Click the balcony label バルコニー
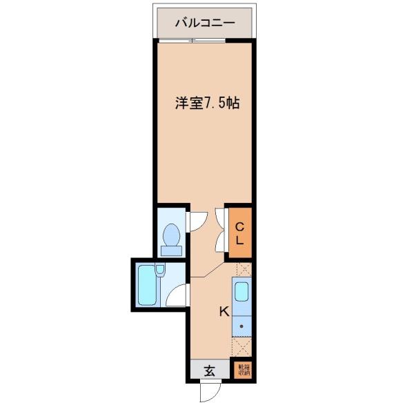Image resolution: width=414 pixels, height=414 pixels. coord(204,23)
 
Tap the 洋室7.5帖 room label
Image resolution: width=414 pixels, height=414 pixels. coord(206,103)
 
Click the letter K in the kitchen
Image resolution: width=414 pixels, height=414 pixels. coord(224,311)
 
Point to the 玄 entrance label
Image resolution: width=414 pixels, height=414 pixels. coord(210,371)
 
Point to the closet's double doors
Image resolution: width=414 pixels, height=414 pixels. coord(220,231)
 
